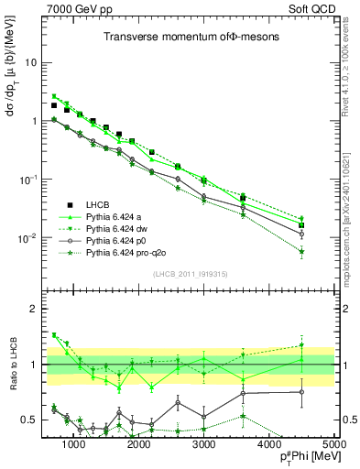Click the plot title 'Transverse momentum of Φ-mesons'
(x=184, y=37)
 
